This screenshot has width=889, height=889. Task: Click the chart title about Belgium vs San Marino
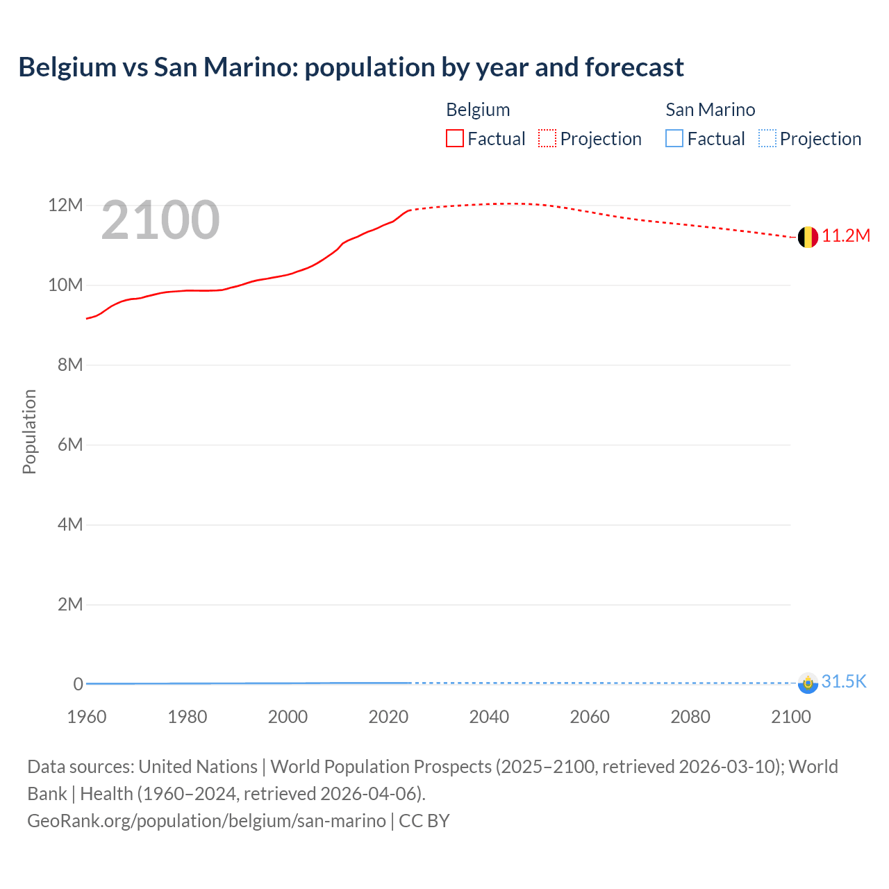tap(351, 67)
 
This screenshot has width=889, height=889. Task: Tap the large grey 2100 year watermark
tap(160, 220)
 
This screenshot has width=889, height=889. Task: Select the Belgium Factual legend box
tap(455, 138)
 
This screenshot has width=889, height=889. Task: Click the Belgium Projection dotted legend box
tap(547, 138)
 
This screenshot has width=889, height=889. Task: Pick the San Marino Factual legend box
tap(674, 138)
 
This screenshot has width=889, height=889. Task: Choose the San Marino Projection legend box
tap(767, 138)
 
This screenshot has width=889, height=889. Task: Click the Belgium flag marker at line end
tap(807, 237)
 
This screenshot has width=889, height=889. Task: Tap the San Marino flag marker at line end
tap(808, 683)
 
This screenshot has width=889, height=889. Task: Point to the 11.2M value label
tap(846, 236)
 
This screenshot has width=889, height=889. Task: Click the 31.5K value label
tap(844, 681)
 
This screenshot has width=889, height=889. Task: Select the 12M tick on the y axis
tap(65, 206)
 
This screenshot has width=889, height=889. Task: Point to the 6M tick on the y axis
tap(69, 444)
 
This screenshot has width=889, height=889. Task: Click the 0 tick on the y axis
tap(78, 684)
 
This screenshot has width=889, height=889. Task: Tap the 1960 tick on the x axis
tap(87, 717)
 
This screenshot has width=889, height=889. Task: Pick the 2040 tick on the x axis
tap(489, 717)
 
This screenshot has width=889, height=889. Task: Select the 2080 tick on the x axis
tap(690, 717)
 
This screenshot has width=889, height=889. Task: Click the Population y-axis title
tap(29, 431)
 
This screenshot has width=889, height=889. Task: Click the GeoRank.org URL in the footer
tap(206, 821)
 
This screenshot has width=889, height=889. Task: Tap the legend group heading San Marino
tap(710, 110)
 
